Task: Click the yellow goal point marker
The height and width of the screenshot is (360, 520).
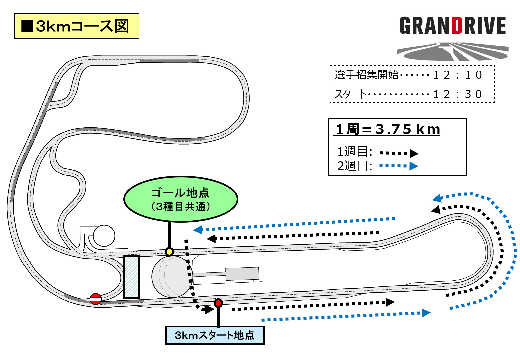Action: coord(169,252)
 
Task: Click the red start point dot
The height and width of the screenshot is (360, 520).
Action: coord(218,303)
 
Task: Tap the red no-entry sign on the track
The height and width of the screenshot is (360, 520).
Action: coord(96,299)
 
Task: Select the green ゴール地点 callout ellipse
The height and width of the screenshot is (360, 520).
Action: coord(181,199)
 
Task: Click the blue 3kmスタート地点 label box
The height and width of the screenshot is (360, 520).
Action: coord(215,335)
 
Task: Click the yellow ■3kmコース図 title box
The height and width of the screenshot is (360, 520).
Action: coord(76,26)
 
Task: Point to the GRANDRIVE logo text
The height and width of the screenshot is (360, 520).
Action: coord(453,26)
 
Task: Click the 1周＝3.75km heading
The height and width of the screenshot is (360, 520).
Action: coord(387,129)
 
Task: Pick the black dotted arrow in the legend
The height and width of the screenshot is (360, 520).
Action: coord(399,153)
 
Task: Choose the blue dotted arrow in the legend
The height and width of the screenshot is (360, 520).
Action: coord(399,166)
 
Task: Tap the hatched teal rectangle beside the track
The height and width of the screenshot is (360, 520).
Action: coord(131,277)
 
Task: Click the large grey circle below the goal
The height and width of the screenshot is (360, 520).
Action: coord(172,277)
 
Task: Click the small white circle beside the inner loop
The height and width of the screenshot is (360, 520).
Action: coord(104,236)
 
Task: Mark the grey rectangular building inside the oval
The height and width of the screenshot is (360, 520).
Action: coord(242,274)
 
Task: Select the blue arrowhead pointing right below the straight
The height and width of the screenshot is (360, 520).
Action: coord(426,313)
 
